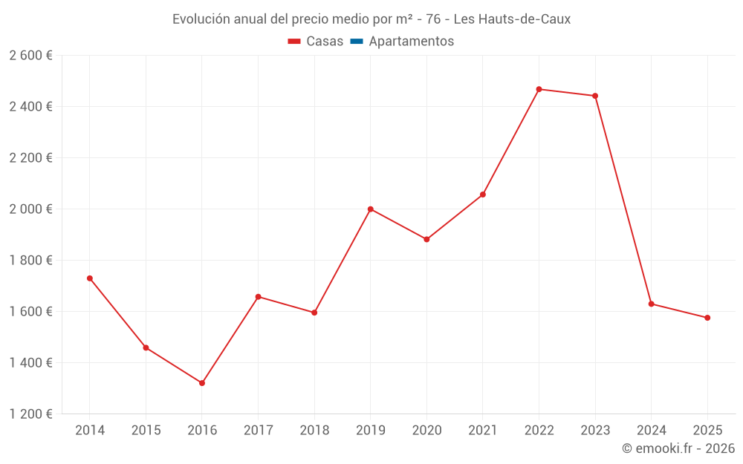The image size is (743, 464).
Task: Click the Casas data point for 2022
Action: point(539,89)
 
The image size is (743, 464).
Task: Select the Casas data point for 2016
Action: point(202,383)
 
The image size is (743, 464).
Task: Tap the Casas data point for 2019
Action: point(370,209)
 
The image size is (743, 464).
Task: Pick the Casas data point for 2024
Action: point(651,304)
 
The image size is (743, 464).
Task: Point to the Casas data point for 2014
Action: point(90,278)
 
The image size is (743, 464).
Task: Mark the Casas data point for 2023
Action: point(595,96)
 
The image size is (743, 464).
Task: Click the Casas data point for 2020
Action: point(426,239)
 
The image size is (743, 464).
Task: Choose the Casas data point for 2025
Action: point(707,318)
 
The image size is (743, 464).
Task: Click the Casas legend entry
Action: point(316,42)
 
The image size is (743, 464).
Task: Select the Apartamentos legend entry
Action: point(402,42)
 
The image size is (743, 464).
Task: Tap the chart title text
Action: point(371,19)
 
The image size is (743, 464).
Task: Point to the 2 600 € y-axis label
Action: point(30,56)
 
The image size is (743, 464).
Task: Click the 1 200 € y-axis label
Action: point(30,414)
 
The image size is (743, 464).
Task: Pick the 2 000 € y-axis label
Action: point(30,209)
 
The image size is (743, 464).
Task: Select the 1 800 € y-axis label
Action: point(30,261)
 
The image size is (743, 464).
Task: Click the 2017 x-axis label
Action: point(258,431)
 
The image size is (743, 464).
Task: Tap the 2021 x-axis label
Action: point(483,431)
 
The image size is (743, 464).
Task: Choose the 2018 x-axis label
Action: point(314,431)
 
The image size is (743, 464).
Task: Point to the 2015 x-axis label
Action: point(146,431)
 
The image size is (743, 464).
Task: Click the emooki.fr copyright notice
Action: point(678,448)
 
